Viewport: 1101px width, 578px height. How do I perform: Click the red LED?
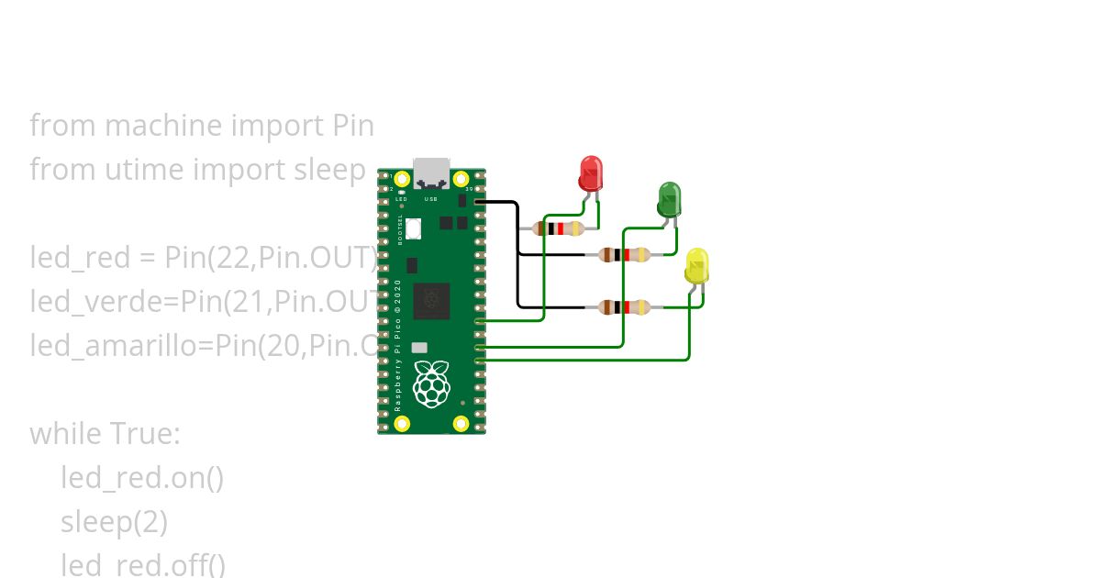pos(590,173)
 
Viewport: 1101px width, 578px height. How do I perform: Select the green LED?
pos(669,199)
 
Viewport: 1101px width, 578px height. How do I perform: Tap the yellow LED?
pos(696,266)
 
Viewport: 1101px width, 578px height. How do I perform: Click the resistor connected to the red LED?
pos(557,228)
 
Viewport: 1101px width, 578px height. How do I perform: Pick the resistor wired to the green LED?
pos(624,255)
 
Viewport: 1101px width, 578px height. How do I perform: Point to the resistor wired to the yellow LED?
pos(624,307)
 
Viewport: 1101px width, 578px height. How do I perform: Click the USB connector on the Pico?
pos(431,172)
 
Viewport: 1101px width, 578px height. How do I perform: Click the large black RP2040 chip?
pos(431,301)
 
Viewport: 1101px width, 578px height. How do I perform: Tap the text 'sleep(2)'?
pos(114,522)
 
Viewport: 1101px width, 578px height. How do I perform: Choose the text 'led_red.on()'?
pos(142,478)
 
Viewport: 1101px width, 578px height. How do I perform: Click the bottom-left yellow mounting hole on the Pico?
pos(402,423)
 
